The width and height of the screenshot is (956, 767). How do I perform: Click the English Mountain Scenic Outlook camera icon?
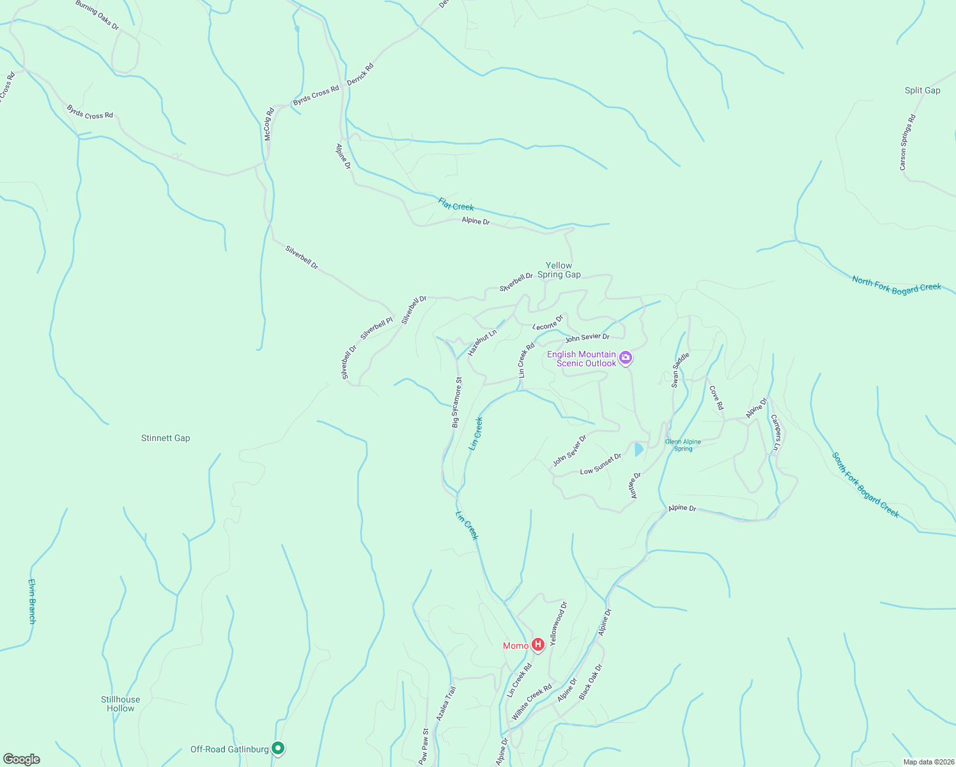(626, 359)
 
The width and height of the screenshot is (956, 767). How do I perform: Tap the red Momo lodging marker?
(538, 645)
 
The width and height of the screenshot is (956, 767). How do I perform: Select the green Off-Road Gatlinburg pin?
(278, 748)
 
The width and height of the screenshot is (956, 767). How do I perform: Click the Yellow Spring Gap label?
(559, 270)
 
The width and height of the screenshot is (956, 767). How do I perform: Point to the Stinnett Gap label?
(166, 438)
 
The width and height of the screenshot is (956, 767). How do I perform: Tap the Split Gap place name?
(922, 90)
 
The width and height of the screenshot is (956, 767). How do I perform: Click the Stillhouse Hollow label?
(120, 704)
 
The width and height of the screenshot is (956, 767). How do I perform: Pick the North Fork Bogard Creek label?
(896, 284)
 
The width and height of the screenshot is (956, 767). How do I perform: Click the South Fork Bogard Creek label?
(865, 485)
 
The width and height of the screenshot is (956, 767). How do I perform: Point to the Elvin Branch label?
(32, 601)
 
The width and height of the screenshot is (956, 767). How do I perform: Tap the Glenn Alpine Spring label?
(683, 445)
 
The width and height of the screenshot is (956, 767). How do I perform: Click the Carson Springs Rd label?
(907, 142)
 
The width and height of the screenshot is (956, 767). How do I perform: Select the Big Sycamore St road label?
(457, 402)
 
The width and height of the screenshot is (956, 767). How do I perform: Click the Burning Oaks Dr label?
(97, 15)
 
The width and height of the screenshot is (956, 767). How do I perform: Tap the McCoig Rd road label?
(269, 124)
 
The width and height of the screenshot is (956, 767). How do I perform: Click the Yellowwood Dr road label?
(559, 623)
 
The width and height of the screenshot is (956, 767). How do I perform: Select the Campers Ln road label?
(775, 433)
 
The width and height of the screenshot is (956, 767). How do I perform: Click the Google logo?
(22, 759)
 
